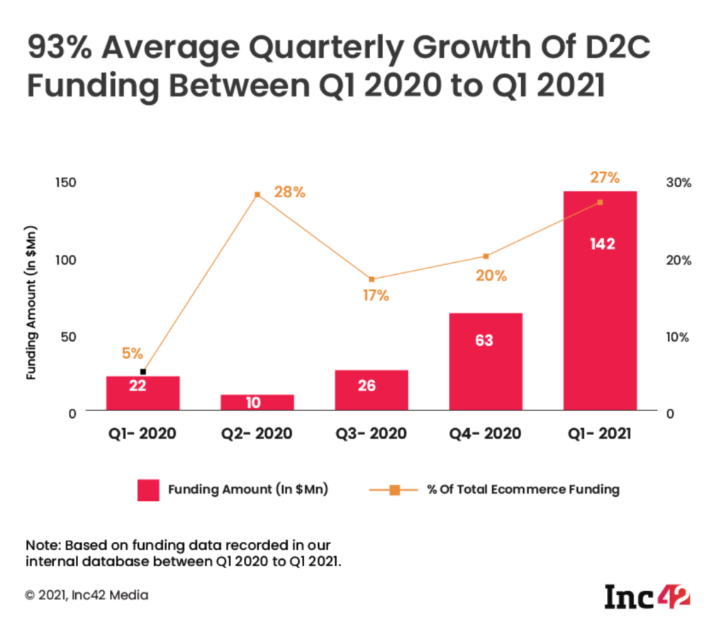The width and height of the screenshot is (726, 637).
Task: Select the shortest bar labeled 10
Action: point(257,402)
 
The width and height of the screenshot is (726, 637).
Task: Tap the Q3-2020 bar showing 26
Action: point(372,388)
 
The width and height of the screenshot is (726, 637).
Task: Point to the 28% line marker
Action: point(258,193)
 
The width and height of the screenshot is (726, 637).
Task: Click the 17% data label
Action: point(375,295)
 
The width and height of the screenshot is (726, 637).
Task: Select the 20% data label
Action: point(491,275)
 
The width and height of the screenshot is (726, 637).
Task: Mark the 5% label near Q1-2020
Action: point(133,352)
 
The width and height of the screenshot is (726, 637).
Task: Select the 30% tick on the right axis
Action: point(678,183)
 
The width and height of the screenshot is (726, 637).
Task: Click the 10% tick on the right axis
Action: point(678,337)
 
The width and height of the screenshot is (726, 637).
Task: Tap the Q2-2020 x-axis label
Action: point(257,433)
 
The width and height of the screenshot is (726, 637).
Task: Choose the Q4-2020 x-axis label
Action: point(486,433)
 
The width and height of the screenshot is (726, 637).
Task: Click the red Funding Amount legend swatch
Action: point(149,490)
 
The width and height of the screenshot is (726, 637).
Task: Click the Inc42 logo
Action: point(647,595)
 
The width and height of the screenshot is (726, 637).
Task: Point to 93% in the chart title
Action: point(57,49)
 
